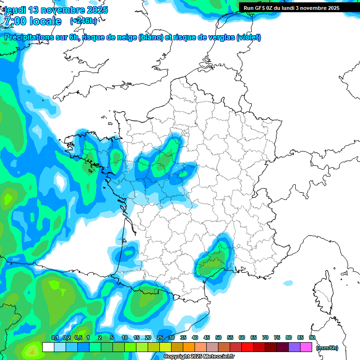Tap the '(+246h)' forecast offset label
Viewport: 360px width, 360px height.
tap(83, 21)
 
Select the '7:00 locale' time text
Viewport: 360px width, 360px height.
tap(33, 21)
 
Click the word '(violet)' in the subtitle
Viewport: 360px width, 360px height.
tap(248, 37)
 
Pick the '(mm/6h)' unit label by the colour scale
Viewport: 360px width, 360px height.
tap(327, 348)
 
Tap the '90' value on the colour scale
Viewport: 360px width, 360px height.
tap(312, 337)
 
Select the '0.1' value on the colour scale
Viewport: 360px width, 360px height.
tap(54, 337)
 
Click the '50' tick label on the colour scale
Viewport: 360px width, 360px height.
tap(218, 337)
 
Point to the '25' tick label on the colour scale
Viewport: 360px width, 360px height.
tap(160, 337)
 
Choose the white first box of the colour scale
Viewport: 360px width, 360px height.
tap(48, 347)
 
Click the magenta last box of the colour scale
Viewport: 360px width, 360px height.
tap(306, 347)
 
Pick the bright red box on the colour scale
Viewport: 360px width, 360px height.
tap(247, 347)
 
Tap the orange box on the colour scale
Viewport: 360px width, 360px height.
tap(189, 347)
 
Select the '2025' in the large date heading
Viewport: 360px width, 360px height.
tap(96, 10)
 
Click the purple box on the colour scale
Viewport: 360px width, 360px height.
tap(294, 347)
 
